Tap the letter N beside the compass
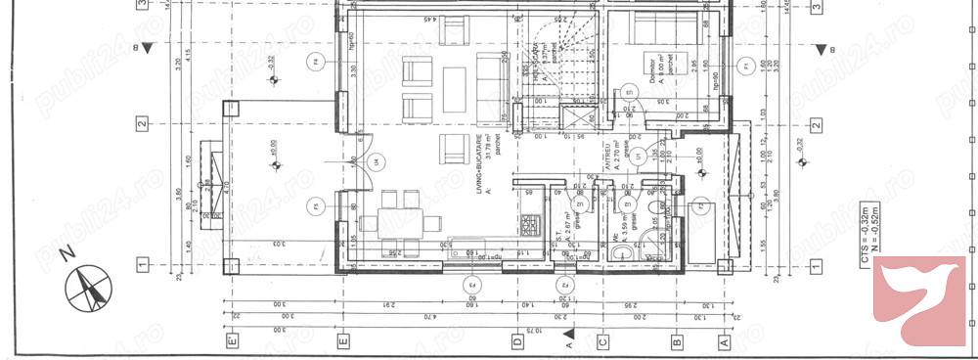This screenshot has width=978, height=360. pos(67,253)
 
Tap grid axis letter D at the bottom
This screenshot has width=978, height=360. pos(516,342)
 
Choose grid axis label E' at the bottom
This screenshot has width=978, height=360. pos(231,342)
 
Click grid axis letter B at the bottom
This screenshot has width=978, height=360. pos(677,342)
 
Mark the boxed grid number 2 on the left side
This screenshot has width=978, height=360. pos(143,123)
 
